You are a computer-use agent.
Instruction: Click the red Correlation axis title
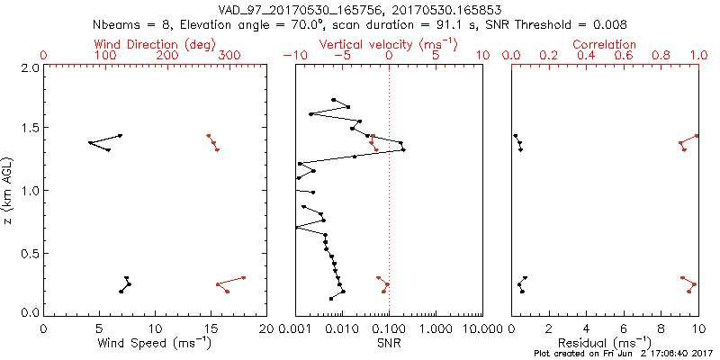click(605, 44)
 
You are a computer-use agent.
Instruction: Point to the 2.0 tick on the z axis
click(30, 68)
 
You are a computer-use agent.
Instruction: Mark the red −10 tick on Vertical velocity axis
click(294, 56)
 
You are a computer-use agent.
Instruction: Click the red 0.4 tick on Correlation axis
click(586, 56)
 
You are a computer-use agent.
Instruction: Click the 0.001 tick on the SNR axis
click(295, 328)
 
